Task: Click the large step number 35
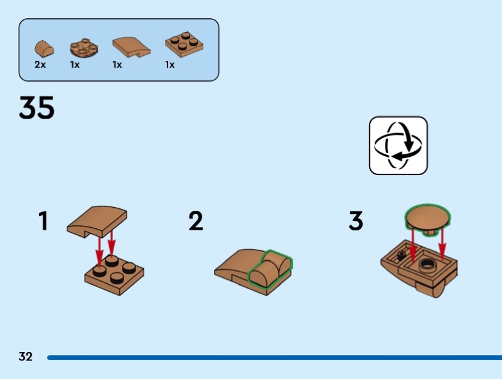pos(36,108)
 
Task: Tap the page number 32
pos(25,357)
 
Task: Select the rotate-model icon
pos(398,145)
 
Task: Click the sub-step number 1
pos(43,221)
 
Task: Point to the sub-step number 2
pos(196,221)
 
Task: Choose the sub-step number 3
pos(356,221)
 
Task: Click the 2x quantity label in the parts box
pos(40,65)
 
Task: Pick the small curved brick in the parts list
pos(43,48)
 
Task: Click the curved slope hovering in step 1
pos(97,221)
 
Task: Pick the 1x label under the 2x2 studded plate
pos(170,65)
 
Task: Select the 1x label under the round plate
pos(75,65)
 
